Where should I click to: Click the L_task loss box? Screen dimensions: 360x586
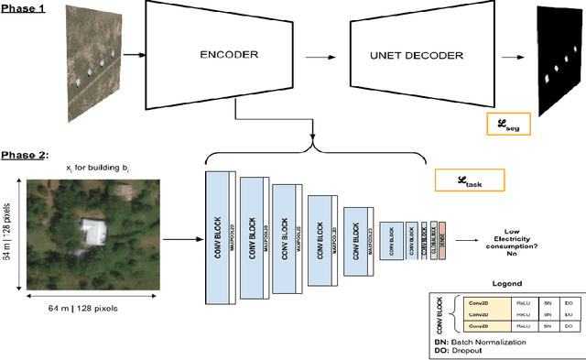(468, 180)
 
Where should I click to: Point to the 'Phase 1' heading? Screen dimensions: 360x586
(22, 7)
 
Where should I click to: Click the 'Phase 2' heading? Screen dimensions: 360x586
(24, 154)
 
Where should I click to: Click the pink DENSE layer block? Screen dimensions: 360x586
(441, 243)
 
